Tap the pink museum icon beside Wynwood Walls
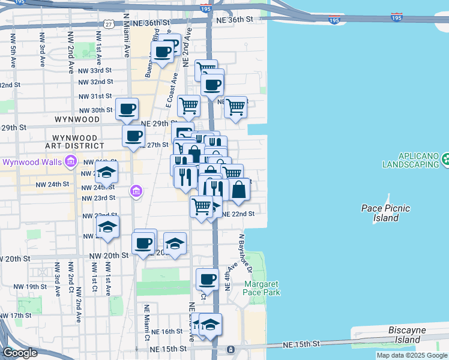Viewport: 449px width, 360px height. click(x=71, y=161)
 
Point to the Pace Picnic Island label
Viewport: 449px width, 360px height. click(x=385, y=213)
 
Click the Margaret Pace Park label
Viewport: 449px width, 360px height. click(x=262, y=288)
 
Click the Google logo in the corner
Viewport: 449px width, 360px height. click(x=20, y=353)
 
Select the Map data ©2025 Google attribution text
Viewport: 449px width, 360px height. click(x=412, y=355)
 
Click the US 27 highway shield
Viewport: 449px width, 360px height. click(x=108, y=23)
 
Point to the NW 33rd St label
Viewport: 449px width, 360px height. click(x=95, y=70)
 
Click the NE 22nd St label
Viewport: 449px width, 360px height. click(x=238, y=214)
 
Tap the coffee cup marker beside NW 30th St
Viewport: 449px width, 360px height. click(x=127, y=110)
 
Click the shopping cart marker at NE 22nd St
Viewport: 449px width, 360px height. click(x=201, y=207)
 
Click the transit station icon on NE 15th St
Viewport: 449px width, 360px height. click(x=230, y=349)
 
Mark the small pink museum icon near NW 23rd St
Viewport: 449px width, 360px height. click(x=136, y=191)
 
